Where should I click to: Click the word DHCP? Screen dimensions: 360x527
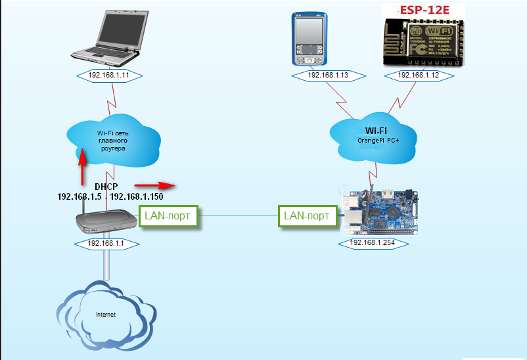[x=106, y=187]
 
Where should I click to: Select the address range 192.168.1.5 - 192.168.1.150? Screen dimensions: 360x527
[x=110, y=196]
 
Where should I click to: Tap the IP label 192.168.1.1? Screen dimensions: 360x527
[x=106, y=243]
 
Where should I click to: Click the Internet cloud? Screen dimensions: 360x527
[x=105, y=315]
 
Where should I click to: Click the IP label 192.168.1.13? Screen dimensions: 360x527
[x=327, y=76]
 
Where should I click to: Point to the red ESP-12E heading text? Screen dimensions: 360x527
[x=423, y=10]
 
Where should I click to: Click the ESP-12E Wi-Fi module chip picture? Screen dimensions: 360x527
[x=423, y=41]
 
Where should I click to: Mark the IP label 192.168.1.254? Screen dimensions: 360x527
[x=373, y=242]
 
